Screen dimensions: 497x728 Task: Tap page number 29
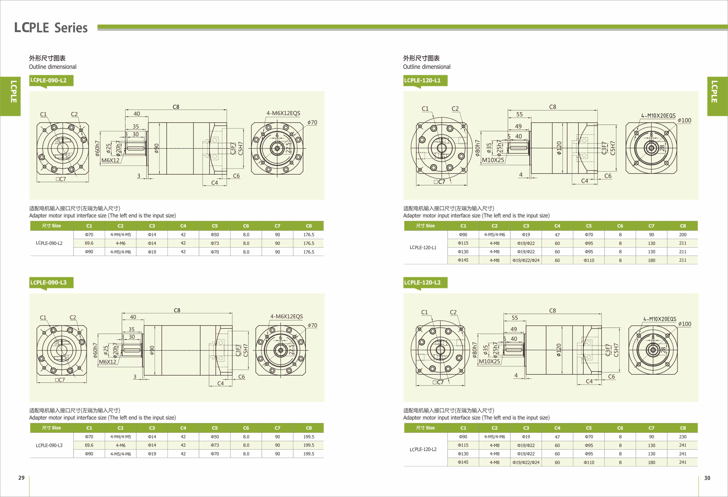point(21,478)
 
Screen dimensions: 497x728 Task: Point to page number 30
point(707,478)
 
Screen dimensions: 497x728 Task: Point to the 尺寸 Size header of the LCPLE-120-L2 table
point(425,428)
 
